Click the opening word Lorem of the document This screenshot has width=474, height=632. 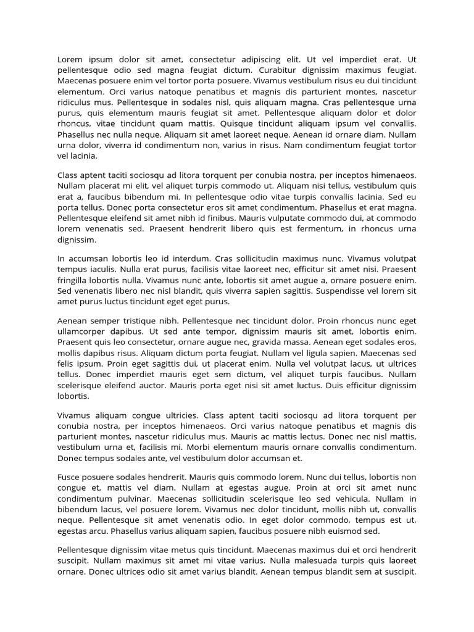(x=70, y=60)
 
